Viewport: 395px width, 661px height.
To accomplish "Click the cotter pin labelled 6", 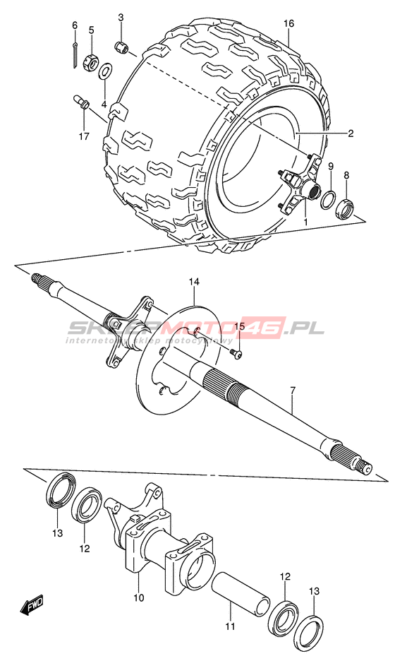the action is click(75, 54).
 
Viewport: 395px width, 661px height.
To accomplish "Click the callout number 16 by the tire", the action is click(288, 23).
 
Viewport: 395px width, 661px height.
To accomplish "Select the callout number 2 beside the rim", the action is click(351, 133).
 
